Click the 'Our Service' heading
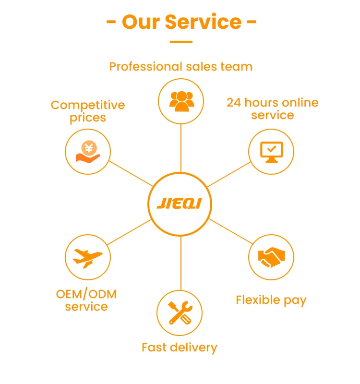(x=181, y=22)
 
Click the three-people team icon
(x=181, y=101)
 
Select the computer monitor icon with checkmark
(x=271, y=152)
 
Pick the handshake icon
(x=271, y=257)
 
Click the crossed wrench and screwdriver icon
(x=180, y=313)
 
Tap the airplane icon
(x=87, y=258)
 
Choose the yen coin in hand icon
(x=88, y=152)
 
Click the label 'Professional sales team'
(x=181, y=66)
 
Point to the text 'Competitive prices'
(x=88, y=111)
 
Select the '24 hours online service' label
(x=272, y=109)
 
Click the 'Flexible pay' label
(x=271, y=300)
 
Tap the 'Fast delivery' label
(x=180, y=347)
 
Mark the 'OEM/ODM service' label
(x=86, y=300)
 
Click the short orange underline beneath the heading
(x=181, y=42)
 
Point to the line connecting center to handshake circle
(x=229, y=231)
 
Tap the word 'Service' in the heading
(x=204, y=22)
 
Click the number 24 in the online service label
(x=233, y=103)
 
